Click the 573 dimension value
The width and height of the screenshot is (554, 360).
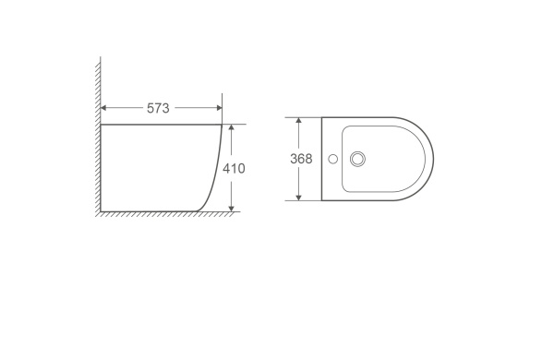coord(158,108)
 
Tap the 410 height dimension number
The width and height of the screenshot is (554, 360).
coord(234,169)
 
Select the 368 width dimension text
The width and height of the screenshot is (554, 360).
coord(301,159)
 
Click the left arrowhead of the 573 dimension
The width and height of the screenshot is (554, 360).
coord(103,108)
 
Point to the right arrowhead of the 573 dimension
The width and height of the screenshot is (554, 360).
coord(219,108)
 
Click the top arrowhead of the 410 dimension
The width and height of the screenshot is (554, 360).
coord(232,127)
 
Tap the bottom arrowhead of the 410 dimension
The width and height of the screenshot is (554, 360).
coord(232,209)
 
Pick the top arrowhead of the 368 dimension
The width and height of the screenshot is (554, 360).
coord(298,121)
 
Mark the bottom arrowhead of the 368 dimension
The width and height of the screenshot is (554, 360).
coord(298,198)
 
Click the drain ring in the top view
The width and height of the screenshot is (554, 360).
coord(357,152)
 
